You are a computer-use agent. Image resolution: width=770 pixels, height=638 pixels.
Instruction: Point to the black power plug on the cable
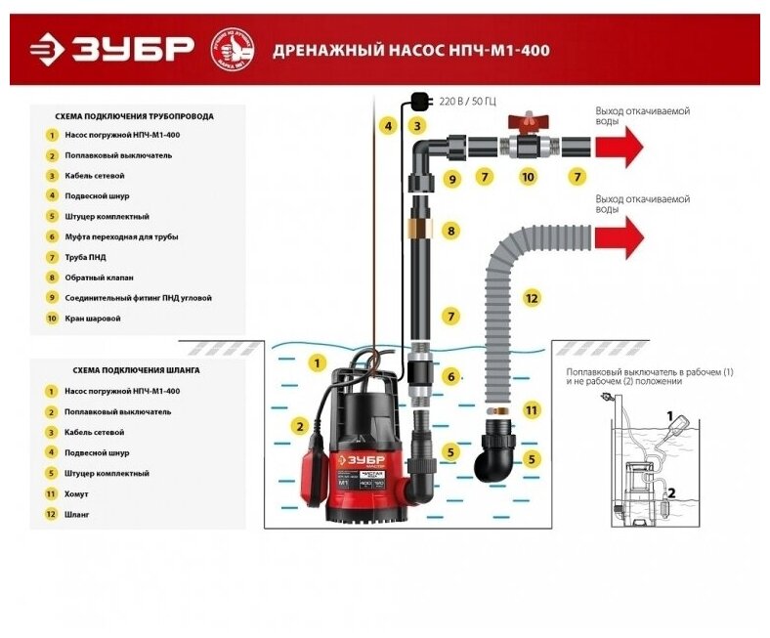[419, 99]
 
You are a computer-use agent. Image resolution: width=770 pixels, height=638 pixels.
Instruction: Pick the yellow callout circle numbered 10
[528, 177]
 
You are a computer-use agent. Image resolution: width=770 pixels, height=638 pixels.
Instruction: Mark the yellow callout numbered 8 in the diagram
[450, 232]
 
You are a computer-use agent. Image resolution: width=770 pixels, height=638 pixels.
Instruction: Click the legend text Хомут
[76, 493]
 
